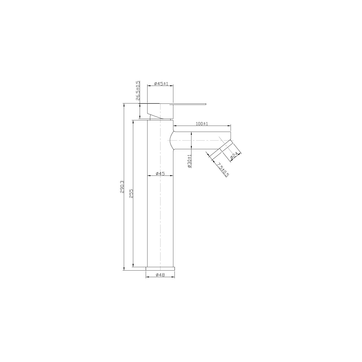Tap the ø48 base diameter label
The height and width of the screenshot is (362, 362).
pyautogui.click(x=160, y=275)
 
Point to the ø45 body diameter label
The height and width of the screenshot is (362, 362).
pyautogui.click(x=160, y=173)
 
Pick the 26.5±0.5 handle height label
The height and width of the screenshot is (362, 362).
pyautogui.click(x=138, y=91)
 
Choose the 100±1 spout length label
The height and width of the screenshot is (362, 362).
pyautogui.click(x=202, y=124)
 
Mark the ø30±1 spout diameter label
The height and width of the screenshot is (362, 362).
pyautogui.click(x=189, y=161)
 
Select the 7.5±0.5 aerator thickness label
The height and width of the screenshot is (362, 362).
pyautogui.click(x=223, y=170)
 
